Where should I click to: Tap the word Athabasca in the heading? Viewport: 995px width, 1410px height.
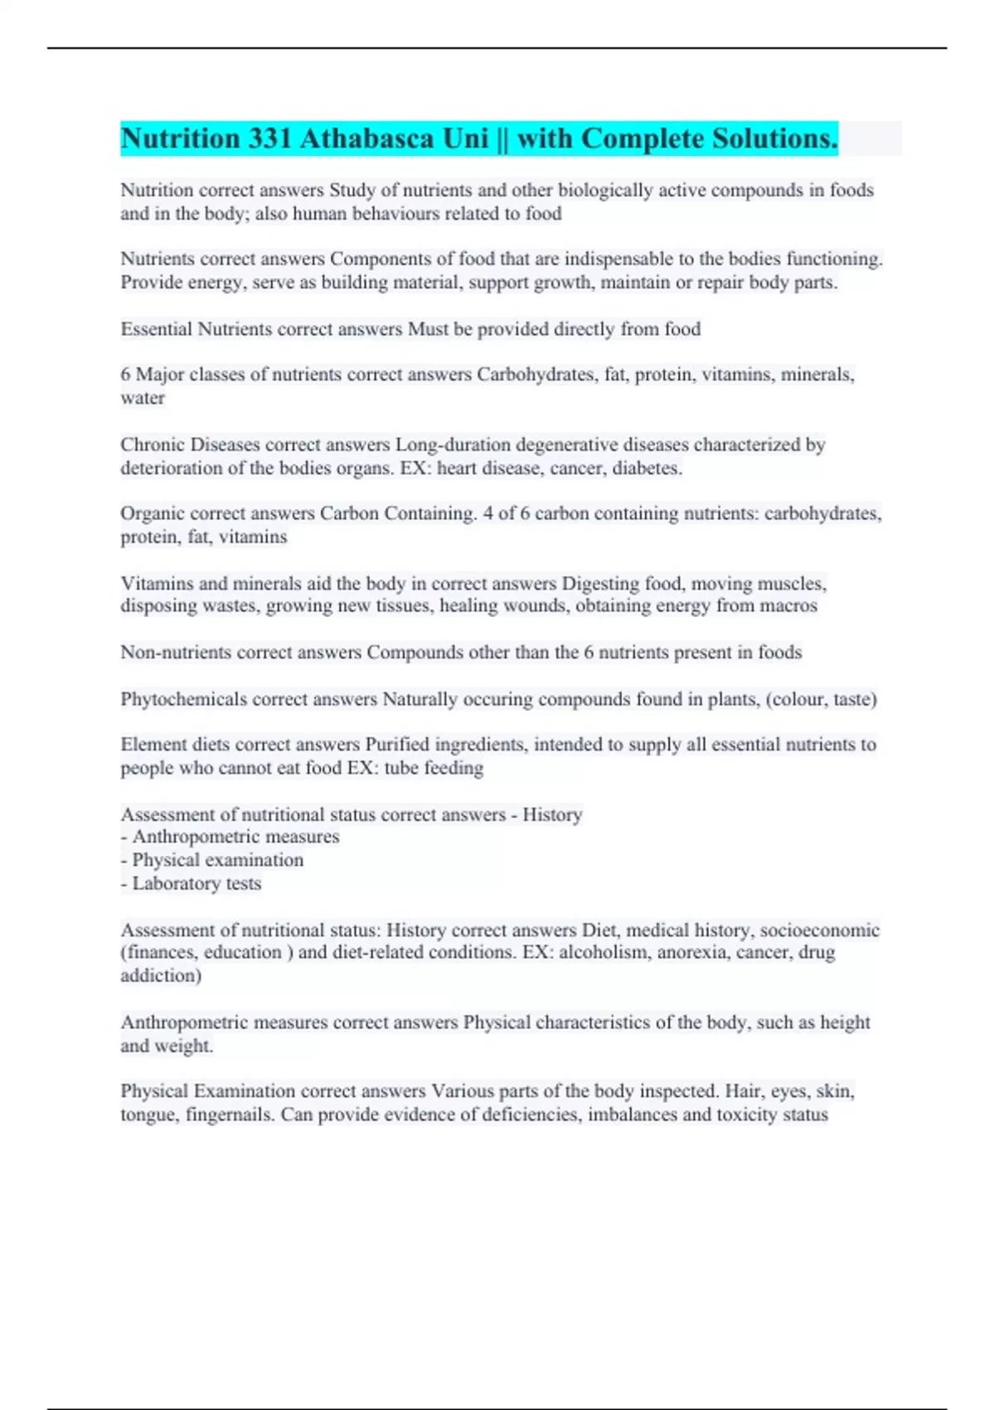(x=370, y=139)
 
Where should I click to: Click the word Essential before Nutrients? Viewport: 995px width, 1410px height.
(x=156, y=329)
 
